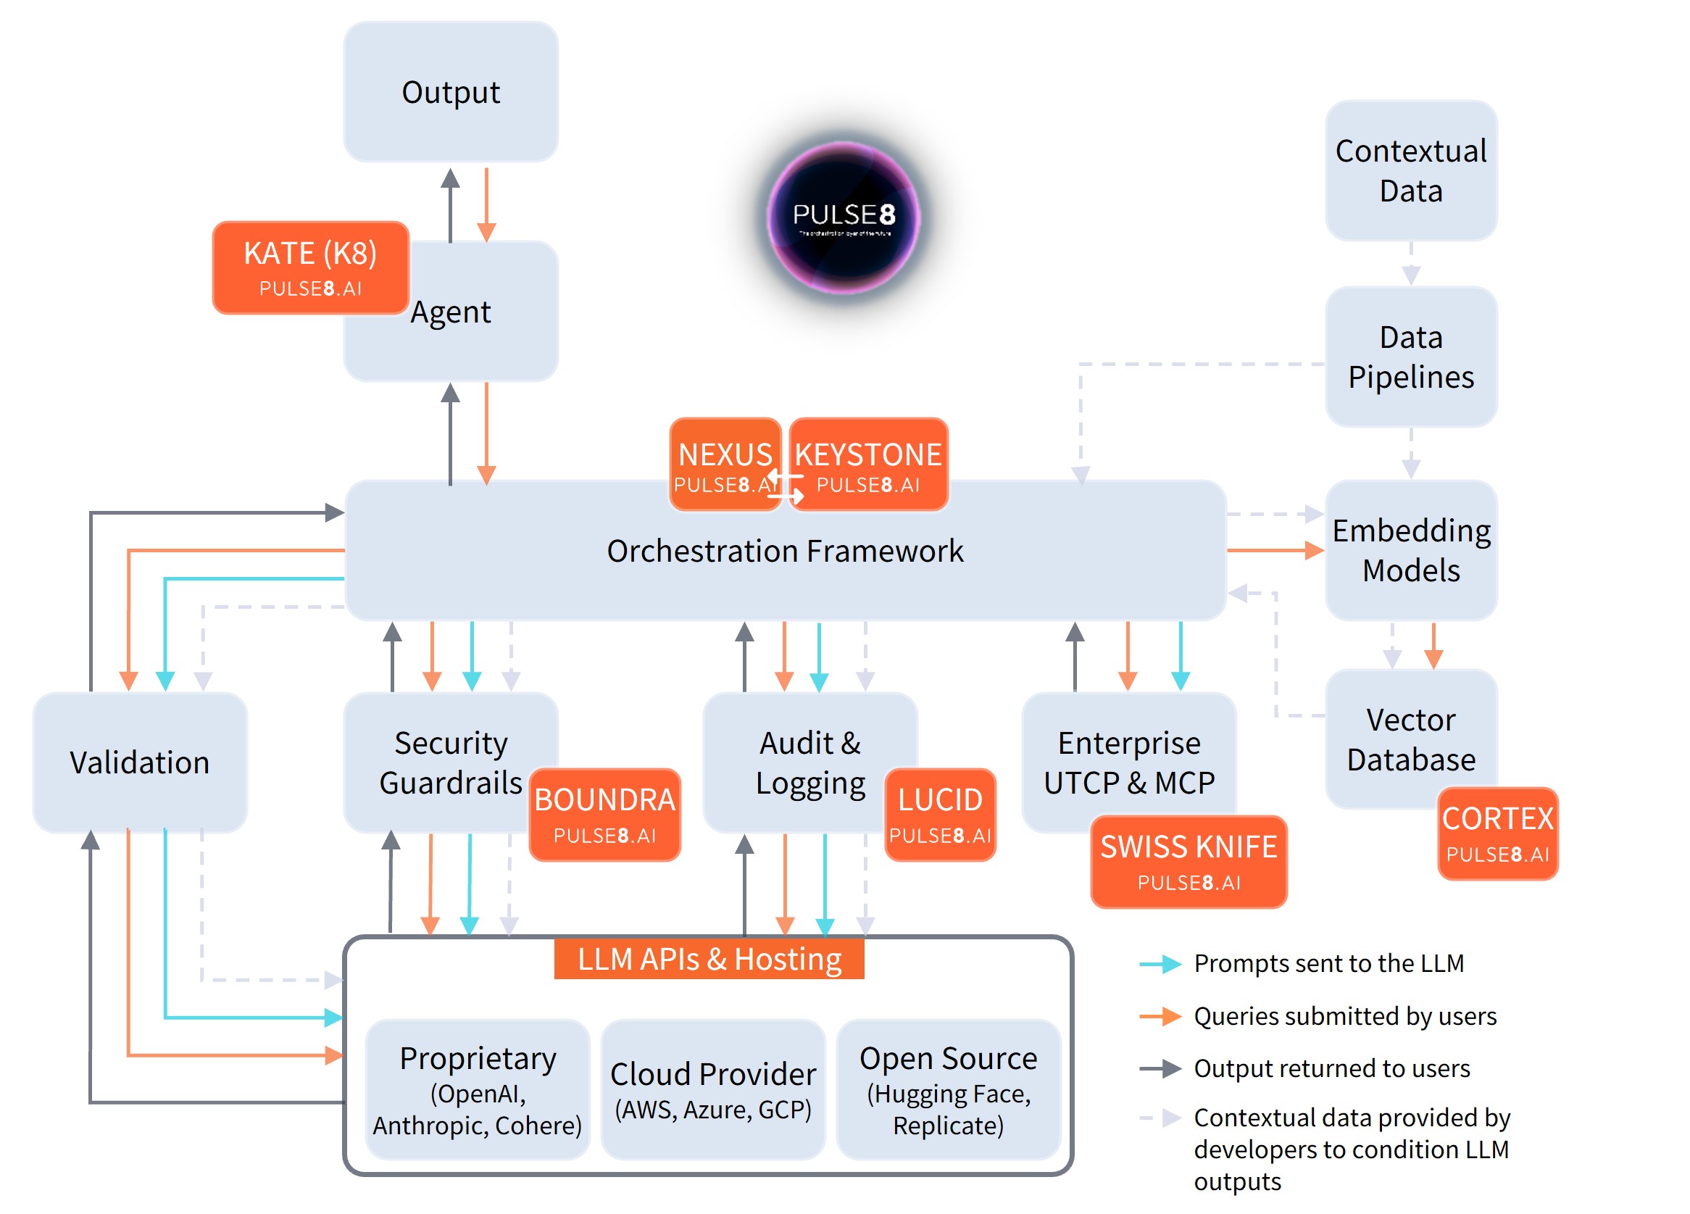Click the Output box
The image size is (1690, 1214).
coord(450,91)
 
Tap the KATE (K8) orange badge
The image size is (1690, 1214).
coord(310,267)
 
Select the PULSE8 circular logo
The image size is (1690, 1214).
coord(844,217)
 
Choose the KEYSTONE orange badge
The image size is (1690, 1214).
coord(868,464)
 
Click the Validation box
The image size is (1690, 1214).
coord(139,762)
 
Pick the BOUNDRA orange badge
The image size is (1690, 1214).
coord(604,814)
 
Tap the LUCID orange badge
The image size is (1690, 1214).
coord(940,814)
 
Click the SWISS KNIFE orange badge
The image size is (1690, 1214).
coord(1188,861)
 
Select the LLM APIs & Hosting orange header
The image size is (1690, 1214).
coord(709,958)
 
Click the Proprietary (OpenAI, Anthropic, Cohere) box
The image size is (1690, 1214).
coord(477,1089)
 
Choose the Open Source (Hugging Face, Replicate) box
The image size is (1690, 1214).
coord(948,1089)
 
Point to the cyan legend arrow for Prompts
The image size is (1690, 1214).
coord(1160,964)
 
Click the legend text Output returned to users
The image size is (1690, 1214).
coord(1331,1068)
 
